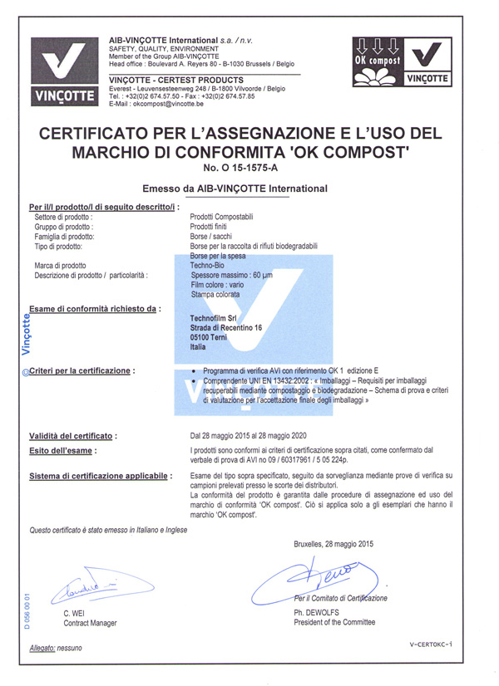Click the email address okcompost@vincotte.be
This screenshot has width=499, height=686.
click(156, 103)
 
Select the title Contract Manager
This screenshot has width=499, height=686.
click(90, 623)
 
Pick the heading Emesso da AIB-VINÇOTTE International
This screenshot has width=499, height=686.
click(235, 189)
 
